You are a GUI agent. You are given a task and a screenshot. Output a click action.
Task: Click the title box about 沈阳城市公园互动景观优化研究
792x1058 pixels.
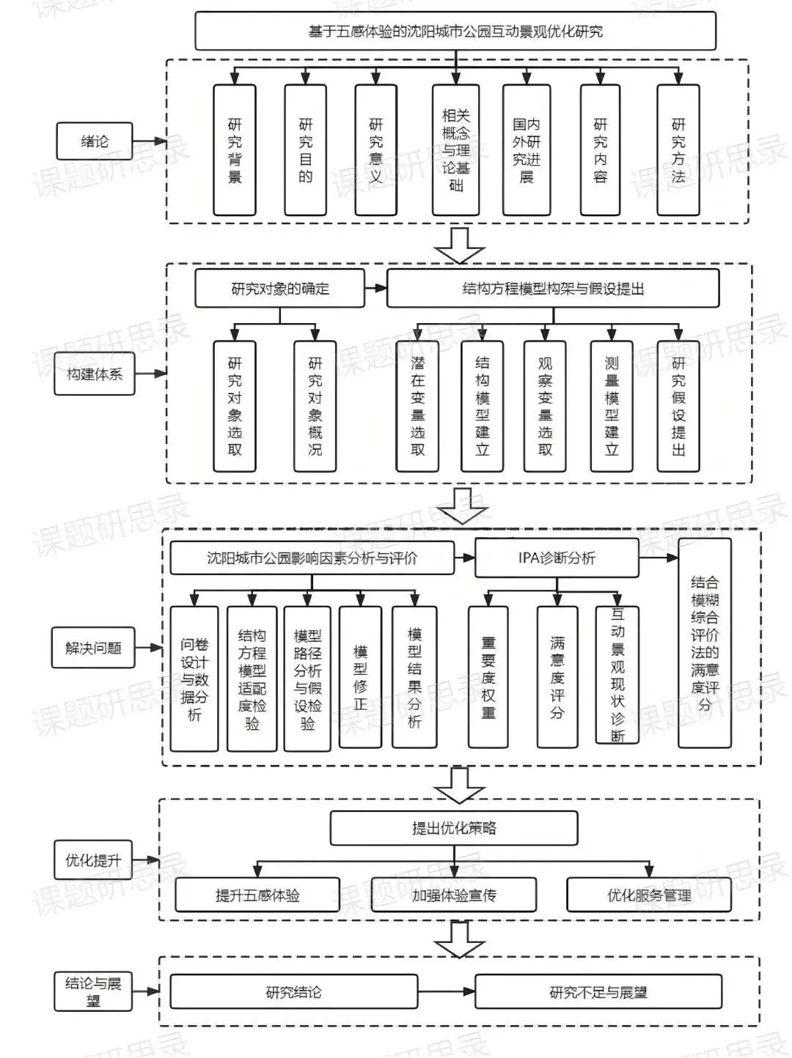pos(455,32)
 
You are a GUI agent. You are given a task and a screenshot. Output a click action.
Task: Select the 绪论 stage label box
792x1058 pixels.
pos(94,141)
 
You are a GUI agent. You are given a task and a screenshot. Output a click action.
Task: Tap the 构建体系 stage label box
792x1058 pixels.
pos(95,374)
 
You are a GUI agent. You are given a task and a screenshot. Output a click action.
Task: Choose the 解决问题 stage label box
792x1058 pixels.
pos(93,648)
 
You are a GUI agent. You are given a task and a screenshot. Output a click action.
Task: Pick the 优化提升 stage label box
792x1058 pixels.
pos(92,860)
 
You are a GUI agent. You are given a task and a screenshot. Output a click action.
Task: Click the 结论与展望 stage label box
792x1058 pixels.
pos(93,991)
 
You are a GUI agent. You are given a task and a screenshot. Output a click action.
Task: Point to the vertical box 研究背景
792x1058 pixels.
pos(235,150)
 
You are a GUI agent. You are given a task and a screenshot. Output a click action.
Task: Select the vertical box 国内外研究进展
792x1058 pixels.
pos(527,150)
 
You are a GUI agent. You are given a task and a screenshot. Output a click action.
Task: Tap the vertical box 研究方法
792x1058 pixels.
pos(678,150)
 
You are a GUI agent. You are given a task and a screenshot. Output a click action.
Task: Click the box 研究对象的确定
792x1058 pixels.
pos(280,289)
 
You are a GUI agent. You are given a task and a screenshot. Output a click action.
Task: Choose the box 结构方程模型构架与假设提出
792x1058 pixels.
pos(553,289)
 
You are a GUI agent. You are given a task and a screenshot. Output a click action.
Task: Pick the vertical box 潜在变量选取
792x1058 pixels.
pos(417,406)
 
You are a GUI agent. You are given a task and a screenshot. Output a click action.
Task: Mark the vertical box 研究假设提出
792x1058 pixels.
pos(678,406)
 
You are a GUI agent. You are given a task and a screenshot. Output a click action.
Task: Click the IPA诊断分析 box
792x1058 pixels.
pos(557,558)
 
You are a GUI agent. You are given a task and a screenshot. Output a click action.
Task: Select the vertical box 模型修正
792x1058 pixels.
pos(360,677)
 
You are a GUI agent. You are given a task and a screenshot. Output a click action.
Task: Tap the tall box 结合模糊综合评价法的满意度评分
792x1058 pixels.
pos(705,643)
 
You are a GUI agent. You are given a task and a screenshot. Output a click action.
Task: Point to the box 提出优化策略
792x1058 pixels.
pos(454,828)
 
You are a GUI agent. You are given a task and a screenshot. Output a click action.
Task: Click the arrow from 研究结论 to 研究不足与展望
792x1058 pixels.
pos(447,992)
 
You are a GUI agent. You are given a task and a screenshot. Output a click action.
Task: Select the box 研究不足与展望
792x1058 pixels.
pos(598,992)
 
